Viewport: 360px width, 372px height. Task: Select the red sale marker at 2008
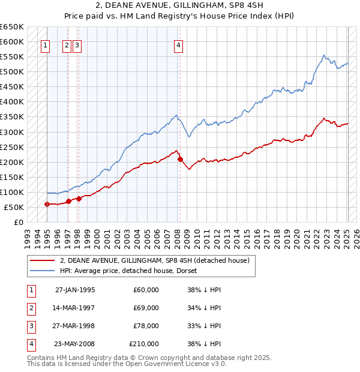(x=180, y=159)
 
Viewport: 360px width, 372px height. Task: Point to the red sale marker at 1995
(x=47, y=204)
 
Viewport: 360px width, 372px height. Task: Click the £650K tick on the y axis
(x=12, y=27)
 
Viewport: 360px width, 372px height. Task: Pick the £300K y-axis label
(x=12, y=132)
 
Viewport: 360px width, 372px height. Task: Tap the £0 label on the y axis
(x=19, y=222)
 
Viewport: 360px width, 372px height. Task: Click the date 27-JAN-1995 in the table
(x=75, y=290)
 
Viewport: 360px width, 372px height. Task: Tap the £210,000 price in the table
(x=144, y=344)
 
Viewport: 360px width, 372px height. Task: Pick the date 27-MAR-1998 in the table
(x=74, y=326)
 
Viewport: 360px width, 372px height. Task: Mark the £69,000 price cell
(x=146, y=308)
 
